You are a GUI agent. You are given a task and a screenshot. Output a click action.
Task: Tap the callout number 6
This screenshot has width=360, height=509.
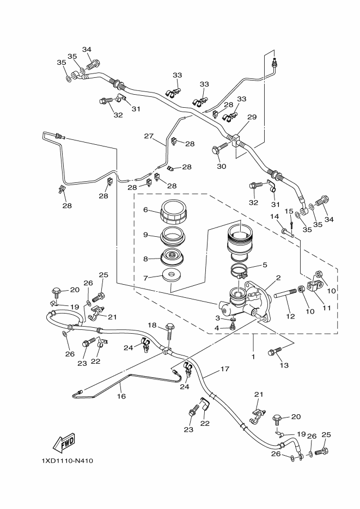click(145, 210)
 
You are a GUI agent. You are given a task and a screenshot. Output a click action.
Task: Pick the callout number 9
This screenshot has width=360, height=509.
click(145, 235)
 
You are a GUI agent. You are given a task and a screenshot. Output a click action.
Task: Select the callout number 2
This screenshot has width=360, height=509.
click(278, 278)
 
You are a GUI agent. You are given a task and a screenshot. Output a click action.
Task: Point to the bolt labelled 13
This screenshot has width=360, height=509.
click(273, 352)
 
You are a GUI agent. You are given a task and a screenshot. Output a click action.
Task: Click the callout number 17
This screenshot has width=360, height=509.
click(224, 369)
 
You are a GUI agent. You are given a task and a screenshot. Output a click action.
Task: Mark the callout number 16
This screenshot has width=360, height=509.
click(121, 396)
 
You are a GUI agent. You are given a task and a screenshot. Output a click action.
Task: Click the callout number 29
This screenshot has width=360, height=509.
click(252, 117)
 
